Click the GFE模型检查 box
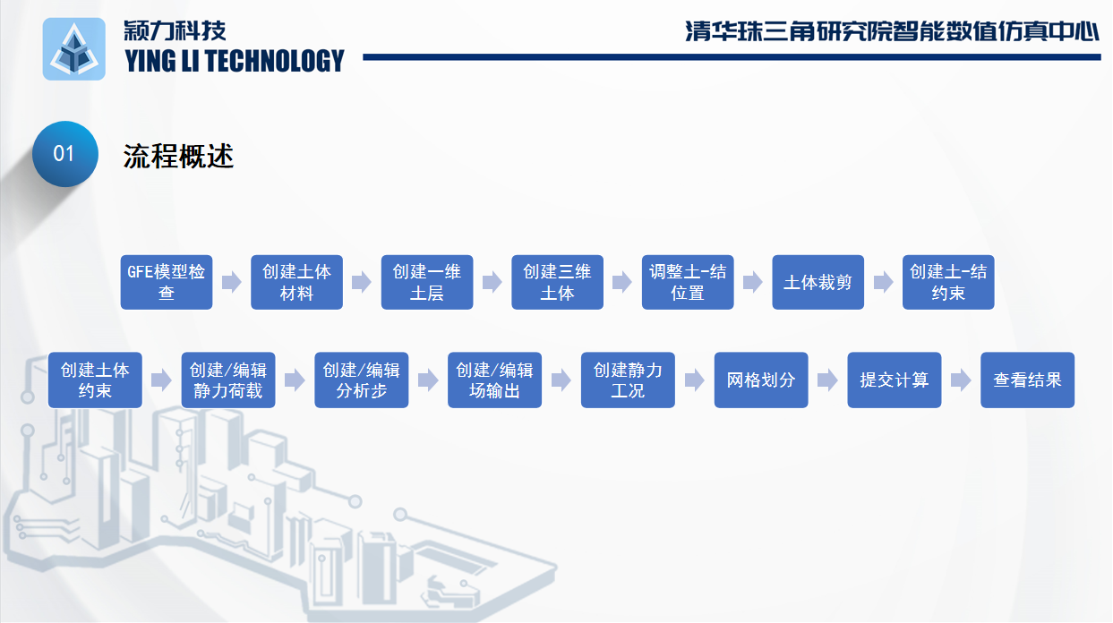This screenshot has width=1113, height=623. tap(167, 282)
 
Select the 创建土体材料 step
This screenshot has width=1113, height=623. tap(296, 282)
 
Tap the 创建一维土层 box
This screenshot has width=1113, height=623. tap(427, 282)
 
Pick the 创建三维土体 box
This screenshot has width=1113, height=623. tap(558, 282)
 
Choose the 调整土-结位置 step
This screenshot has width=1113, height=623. tap(688, 282)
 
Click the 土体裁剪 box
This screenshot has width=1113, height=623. tap(818, 282)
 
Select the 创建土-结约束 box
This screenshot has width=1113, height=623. tap(948, 282)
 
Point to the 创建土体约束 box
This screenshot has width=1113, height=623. tap(95, 380)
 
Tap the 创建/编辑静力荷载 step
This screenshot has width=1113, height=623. tap(228, 380)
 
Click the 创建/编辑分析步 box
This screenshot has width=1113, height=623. tap(361, 380)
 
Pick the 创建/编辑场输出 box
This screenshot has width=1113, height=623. tap(494, 380)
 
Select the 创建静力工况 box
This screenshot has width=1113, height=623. tap(628, 380)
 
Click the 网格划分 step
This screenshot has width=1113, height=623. tap(761, 380)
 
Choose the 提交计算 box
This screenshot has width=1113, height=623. tap(895, 380)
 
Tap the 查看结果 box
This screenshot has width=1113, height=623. tap(1028, 380)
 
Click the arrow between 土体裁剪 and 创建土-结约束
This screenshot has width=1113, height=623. tap(884, 282)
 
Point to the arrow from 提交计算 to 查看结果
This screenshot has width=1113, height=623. tap(961, 380)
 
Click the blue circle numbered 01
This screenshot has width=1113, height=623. tap(65, 154)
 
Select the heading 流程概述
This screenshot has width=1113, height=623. tap(178, 156)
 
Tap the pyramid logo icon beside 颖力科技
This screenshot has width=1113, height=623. tap(74, 49)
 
